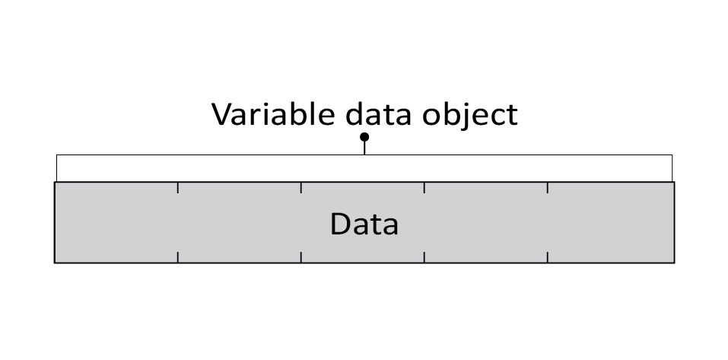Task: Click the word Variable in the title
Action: click(272, 114)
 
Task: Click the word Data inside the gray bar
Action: click(364, 225)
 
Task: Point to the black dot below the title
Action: click(364, 137)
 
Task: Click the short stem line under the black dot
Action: click(364, 148)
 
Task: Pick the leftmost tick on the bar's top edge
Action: click(178, 187)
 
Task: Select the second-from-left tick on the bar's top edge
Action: click(301, 187)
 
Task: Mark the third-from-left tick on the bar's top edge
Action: click(424, 187)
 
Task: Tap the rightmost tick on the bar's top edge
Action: click(548, 187)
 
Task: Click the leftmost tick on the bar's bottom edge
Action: click(178, 257)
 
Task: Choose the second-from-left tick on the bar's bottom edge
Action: click(301, 257)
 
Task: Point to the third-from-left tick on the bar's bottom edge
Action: click(424, 257)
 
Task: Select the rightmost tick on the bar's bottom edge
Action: click(548, 257)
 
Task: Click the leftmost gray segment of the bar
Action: click(116, 223)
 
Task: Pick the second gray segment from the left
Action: click(240, 223)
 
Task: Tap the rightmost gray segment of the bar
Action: click(610, 223)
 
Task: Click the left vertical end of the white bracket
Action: click(57, 168)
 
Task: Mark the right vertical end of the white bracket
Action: click(672, 168)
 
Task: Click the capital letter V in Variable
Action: click(221, 114)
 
